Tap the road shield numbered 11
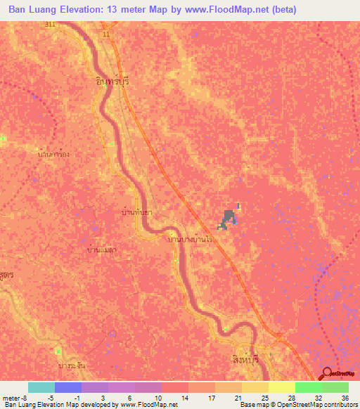coord(105,33)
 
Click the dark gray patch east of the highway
coord(228,219)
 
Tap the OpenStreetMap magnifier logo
coord(328,374)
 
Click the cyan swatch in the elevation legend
coord(41,387)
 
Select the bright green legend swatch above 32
coord(308,387)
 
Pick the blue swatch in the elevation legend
coord(67,387)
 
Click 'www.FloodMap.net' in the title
coord(221,10)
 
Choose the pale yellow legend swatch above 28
coord(281,387)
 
